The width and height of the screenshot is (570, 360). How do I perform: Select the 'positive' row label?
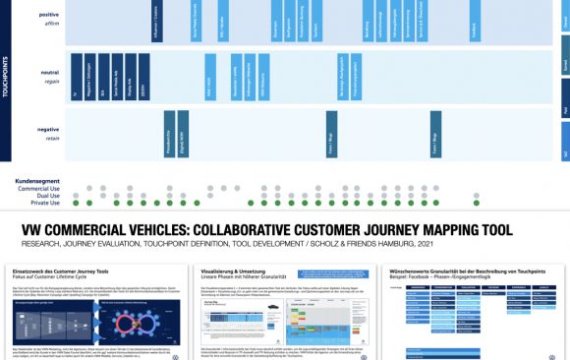pyautogui.click(x=48, y=16)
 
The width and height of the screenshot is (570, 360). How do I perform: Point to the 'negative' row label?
pyautogui.click(x=48, y=129)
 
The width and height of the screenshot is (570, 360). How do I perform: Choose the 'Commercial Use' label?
pyautogui.click(x=38, y=188)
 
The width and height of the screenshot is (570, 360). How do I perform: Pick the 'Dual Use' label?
pyautogui.click(x=46, y=196)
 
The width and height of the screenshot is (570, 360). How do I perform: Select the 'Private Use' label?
pyautogui.click(x=43, y=204)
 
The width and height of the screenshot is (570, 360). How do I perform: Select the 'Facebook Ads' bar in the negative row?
pyautogui.click(x=169, y=134)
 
